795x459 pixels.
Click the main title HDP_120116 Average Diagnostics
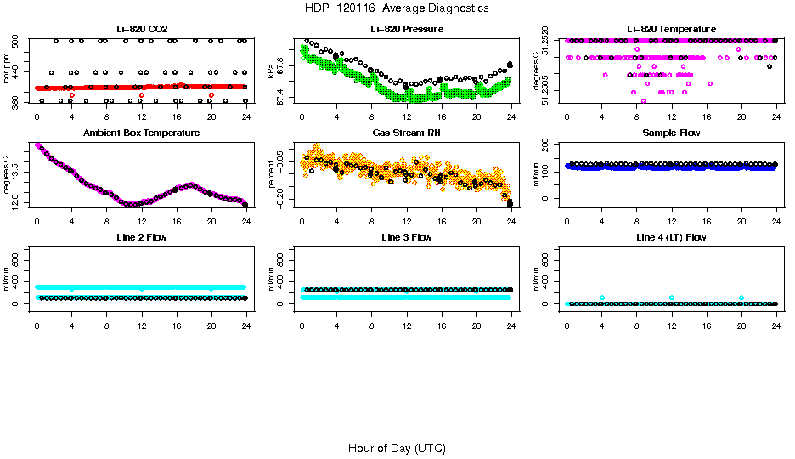click(397, 8)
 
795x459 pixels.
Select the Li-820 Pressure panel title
click(407, 30)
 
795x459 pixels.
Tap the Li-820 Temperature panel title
click(671, 30)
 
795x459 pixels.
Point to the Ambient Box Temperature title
click(141, 133)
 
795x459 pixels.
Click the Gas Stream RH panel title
click(407, 133)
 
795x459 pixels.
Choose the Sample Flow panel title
click(671, 133)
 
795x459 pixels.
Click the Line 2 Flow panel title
click(141, 237)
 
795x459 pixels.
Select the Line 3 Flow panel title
click(407, 237)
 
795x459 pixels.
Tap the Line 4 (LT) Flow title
click(671, 237)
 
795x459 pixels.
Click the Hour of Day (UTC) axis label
click(397, 448)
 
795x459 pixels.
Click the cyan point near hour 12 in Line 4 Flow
click(671, 297)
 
